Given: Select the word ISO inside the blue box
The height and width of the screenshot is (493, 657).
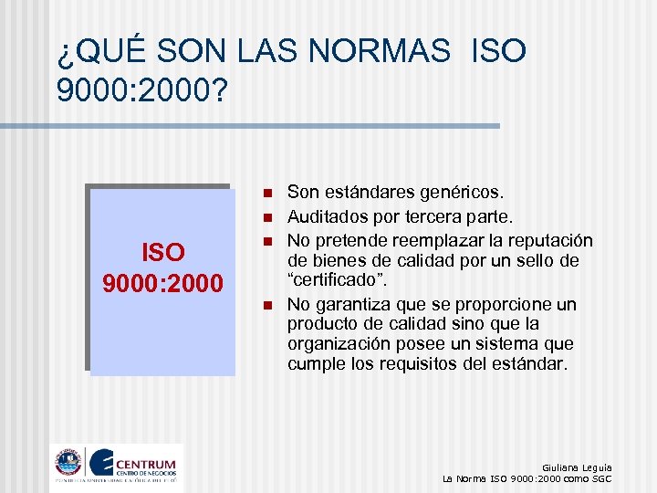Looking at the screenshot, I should click(x=162, y=252).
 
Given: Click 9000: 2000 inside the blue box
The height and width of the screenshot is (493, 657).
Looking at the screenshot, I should click(x=162, y=284).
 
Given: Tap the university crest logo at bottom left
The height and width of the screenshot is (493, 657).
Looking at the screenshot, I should click(x=68, y=462).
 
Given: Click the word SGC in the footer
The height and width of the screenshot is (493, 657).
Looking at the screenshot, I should click(x=600, y=478).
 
